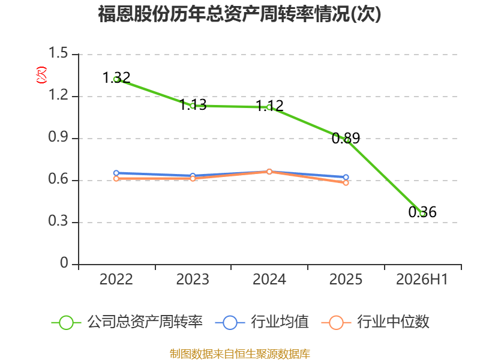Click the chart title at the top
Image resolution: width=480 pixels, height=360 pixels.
click(x=239, y=14)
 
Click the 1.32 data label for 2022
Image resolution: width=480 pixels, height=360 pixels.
click(x=116, y=77)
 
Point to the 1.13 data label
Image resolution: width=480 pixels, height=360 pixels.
click(x=193, y=104)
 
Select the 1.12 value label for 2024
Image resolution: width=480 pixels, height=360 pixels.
click(x=269, y=106)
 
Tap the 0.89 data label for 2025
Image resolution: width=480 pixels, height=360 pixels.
click(x=346, y=138)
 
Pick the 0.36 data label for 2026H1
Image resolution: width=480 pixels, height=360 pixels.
click(x=422, y=212)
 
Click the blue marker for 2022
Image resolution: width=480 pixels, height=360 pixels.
click(x=116, y=173)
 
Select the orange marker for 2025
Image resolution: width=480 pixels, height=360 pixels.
click(x=346, y=183)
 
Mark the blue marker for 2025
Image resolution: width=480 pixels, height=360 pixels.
click(x=346, y=177)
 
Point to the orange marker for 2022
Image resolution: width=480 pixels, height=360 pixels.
click(x=116, y=178)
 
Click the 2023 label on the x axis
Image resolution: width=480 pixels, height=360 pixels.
click(x=193, y=279)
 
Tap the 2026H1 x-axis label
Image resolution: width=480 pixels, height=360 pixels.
click(x=422, y=279)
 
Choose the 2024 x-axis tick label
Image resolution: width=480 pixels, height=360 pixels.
click(x=269, y=279)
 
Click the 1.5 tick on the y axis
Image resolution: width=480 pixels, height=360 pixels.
click(x=58, y=53)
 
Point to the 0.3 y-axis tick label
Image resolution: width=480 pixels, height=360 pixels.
click(x=58, y=221)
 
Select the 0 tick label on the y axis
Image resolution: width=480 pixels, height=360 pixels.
click(x=64, y=263)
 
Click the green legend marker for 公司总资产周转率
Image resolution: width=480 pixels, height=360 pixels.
click(x=66, y=323)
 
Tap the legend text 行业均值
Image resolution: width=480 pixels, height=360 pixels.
click(x=280, y=322)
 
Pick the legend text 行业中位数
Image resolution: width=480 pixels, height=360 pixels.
click(x=394, y=322)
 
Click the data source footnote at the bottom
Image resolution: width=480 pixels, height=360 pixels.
click(x=240, y=353)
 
